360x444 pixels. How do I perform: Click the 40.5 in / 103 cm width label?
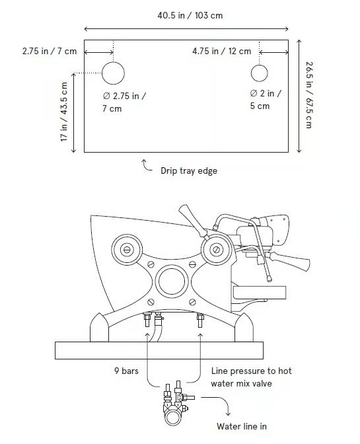coord(190,15)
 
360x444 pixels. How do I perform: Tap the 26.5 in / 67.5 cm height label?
coord(310,95)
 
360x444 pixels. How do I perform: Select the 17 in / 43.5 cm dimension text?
coord(64,112)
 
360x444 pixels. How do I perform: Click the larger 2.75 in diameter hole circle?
coord(113,73)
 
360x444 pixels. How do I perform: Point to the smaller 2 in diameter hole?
coord(259,73)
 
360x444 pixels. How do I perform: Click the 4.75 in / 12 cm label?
coord(221,52)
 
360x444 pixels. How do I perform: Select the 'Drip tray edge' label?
coord(189,170)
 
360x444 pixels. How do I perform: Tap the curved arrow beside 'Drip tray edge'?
coord(147,165)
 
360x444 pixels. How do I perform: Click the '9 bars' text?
coord(126,371)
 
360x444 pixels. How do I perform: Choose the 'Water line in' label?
coord(242,426)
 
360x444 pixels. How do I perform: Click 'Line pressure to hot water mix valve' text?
coord(251,377)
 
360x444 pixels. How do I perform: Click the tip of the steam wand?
coord(269,279)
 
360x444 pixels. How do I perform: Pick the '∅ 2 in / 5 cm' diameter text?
coord(265,100)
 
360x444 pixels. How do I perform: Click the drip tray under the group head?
coord(259,292)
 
